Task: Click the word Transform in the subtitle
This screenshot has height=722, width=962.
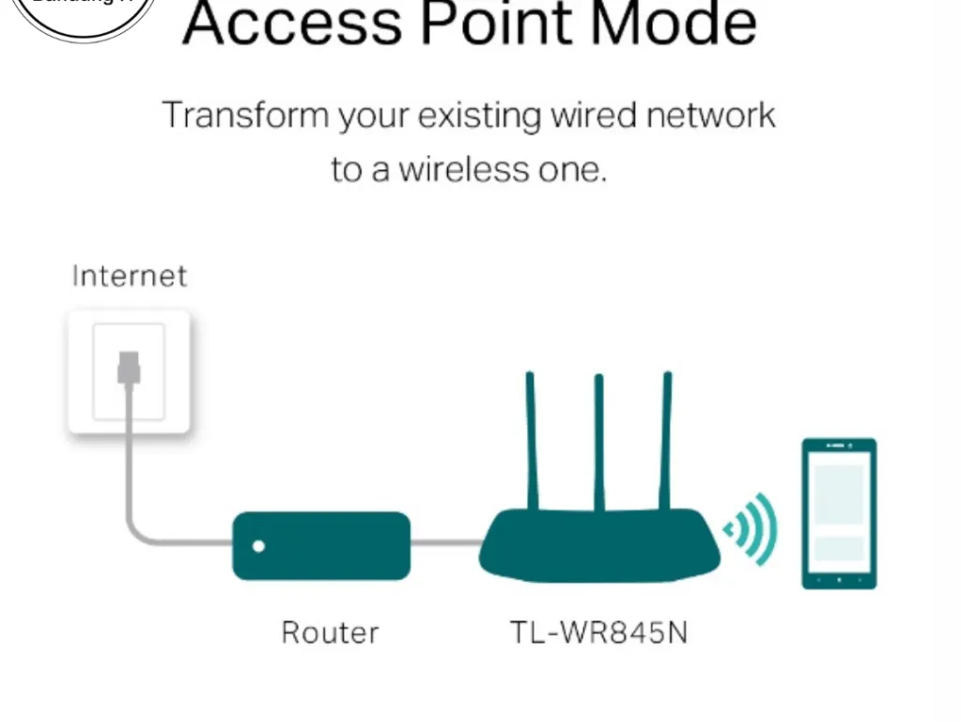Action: [245, 117]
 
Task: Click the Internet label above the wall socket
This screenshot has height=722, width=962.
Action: [130, 275]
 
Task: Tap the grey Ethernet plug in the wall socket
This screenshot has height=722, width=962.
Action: [129, 367]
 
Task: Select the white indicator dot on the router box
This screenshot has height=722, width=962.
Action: [259, 546]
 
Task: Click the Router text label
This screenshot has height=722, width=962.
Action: [330, 633]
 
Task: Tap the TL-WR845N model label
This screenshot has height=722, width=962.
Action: [598, 633]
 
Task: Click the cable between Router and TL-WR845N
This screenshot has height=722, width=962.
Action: [445, 543]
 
